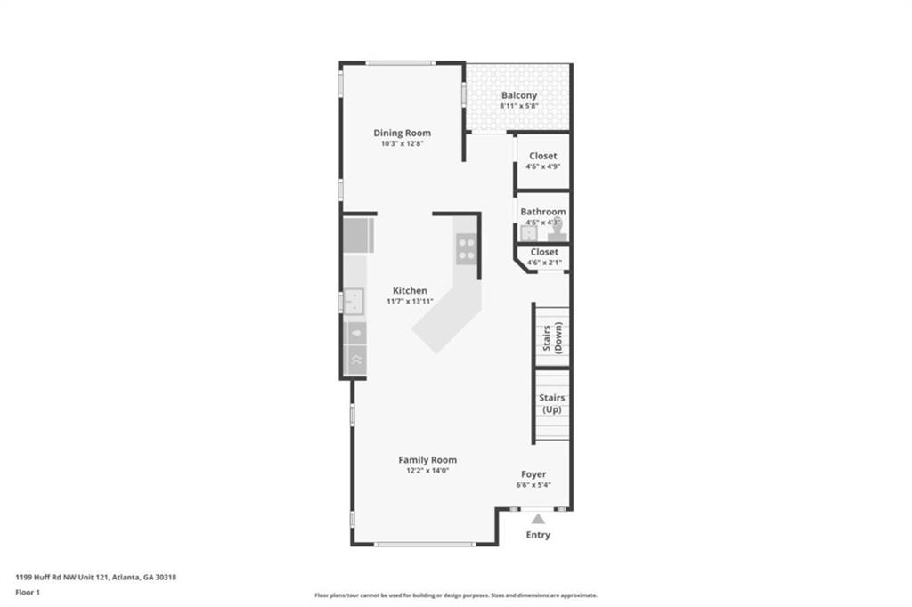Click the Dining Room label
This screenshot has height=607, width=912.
click(402, 133)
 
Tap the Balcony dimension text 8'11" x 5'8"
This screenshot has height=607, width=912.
click(519, 106)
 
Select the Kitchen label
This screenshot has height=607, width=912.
click(410, 290)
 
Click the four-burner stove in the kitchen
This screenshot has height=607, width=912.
click(466, 249)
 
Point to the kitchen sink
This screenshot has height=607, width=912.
click(353, 302)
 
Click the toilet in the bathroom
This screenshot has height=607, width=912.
click(557, 230)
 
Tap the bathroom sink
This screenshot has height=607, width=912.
click(528, 233)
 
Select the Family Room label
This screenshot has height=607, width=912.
click(427, 460)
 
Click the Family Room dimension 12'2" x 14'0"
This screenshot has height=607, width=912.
click(427, 471)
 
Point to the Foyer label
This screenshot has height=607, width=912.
click(533, 473)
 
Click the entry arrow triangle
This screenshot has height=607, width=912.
click(538, 519)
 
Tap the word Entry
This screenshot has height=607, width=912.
click(538, 535)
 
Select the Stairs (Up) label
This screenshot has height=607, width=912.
click(551, 403)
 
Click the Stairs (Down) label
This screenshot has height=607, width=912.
click(552, 338)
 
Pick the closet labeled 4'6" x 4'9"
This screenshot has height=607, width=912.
click(542, 161)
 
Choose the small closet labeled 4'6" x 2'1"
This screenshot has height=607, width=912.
click(544, 257)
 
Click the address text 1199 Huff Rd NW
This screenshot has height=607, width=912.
click(53, 578)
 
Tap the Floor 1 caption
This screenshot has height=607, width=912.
click(28, 593)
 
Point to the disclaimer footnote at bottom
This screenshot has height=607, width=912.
click(456, 595)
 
